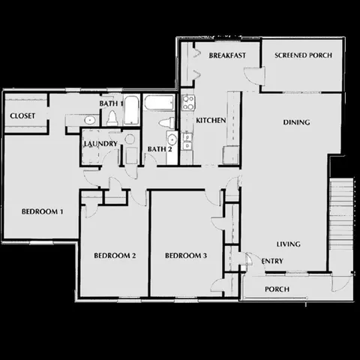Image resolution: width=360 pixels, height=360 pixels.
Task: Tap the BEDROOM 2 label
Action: tap(114, 256)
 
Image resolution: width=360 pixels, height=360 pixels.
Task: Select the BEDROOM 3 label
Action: tap(185, 256)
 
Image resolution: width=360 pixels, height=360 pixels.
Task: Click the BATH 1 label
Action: tap(111, 103)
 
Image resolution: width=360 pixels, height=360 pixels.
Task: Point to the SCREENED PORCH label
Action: tap(303, 55)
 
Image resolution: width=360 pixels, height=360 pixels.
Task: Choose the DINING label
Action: tap(296, 122)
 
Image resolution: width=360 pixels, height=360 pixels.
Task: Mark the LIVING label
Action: tap(289, 244)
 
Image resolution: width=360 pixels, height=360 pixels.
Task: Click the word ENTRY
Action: tap(271, 261)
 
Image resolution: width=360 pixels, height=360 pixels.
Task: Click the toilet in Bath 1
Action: tap(112, 118)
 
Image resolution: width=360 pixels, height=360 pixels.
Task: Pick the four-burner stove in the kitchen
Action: tap(187, 102)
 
